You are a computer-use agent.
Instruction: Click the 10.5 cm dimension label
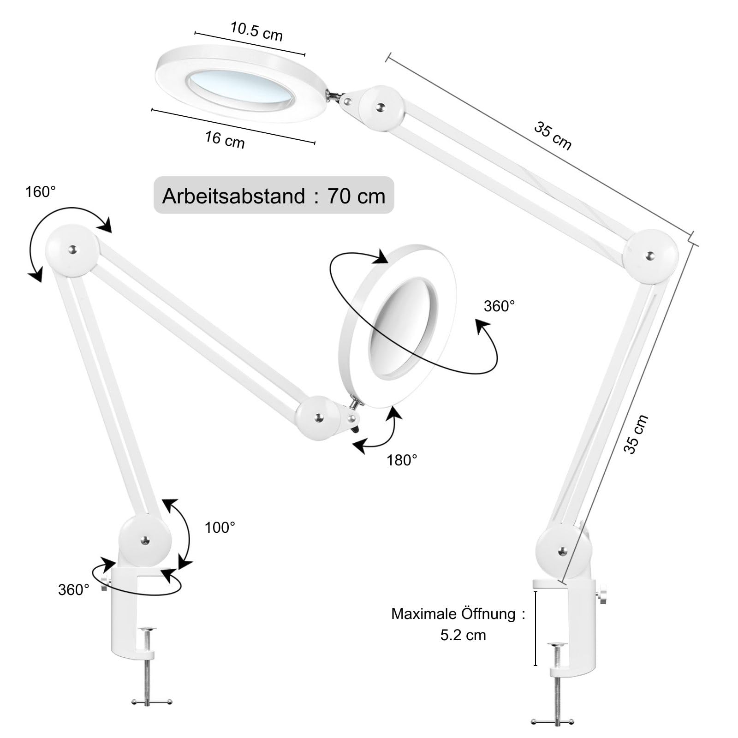(256, 31)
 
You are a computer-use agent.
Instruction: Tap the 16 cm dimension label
(225, 139)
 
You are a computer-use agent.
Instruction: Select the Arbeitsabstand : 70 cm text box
(274, 196)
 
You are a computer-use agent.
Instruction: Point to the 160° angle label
(41, 192)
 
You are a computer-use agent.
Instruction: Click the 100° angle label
(220, 527)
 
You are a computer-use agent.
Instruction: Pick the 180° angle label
(402, 460)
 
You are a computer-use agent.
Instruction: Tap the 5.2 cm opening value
(463, 635)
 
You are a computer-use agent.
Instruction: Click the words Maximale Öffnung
(453, 614)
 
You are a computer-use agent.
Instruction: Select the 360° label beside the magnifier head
(499, 306)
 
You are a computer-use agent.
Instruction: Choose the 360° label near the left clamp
(73, 589)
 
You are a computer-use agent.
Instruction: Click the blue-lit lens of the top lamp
(241, 87)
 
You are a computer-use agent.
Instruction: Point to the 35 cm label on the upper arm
(553, 136)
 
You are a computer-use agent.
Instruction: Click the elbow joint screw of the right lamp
(650, 256)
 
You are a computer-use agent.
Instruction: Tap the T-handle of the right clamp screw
(552, 721)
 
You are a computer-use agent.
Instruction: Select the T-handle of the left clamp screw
(152, 702)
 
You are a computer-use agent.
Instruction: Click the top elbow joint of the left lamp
(72, 250)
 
